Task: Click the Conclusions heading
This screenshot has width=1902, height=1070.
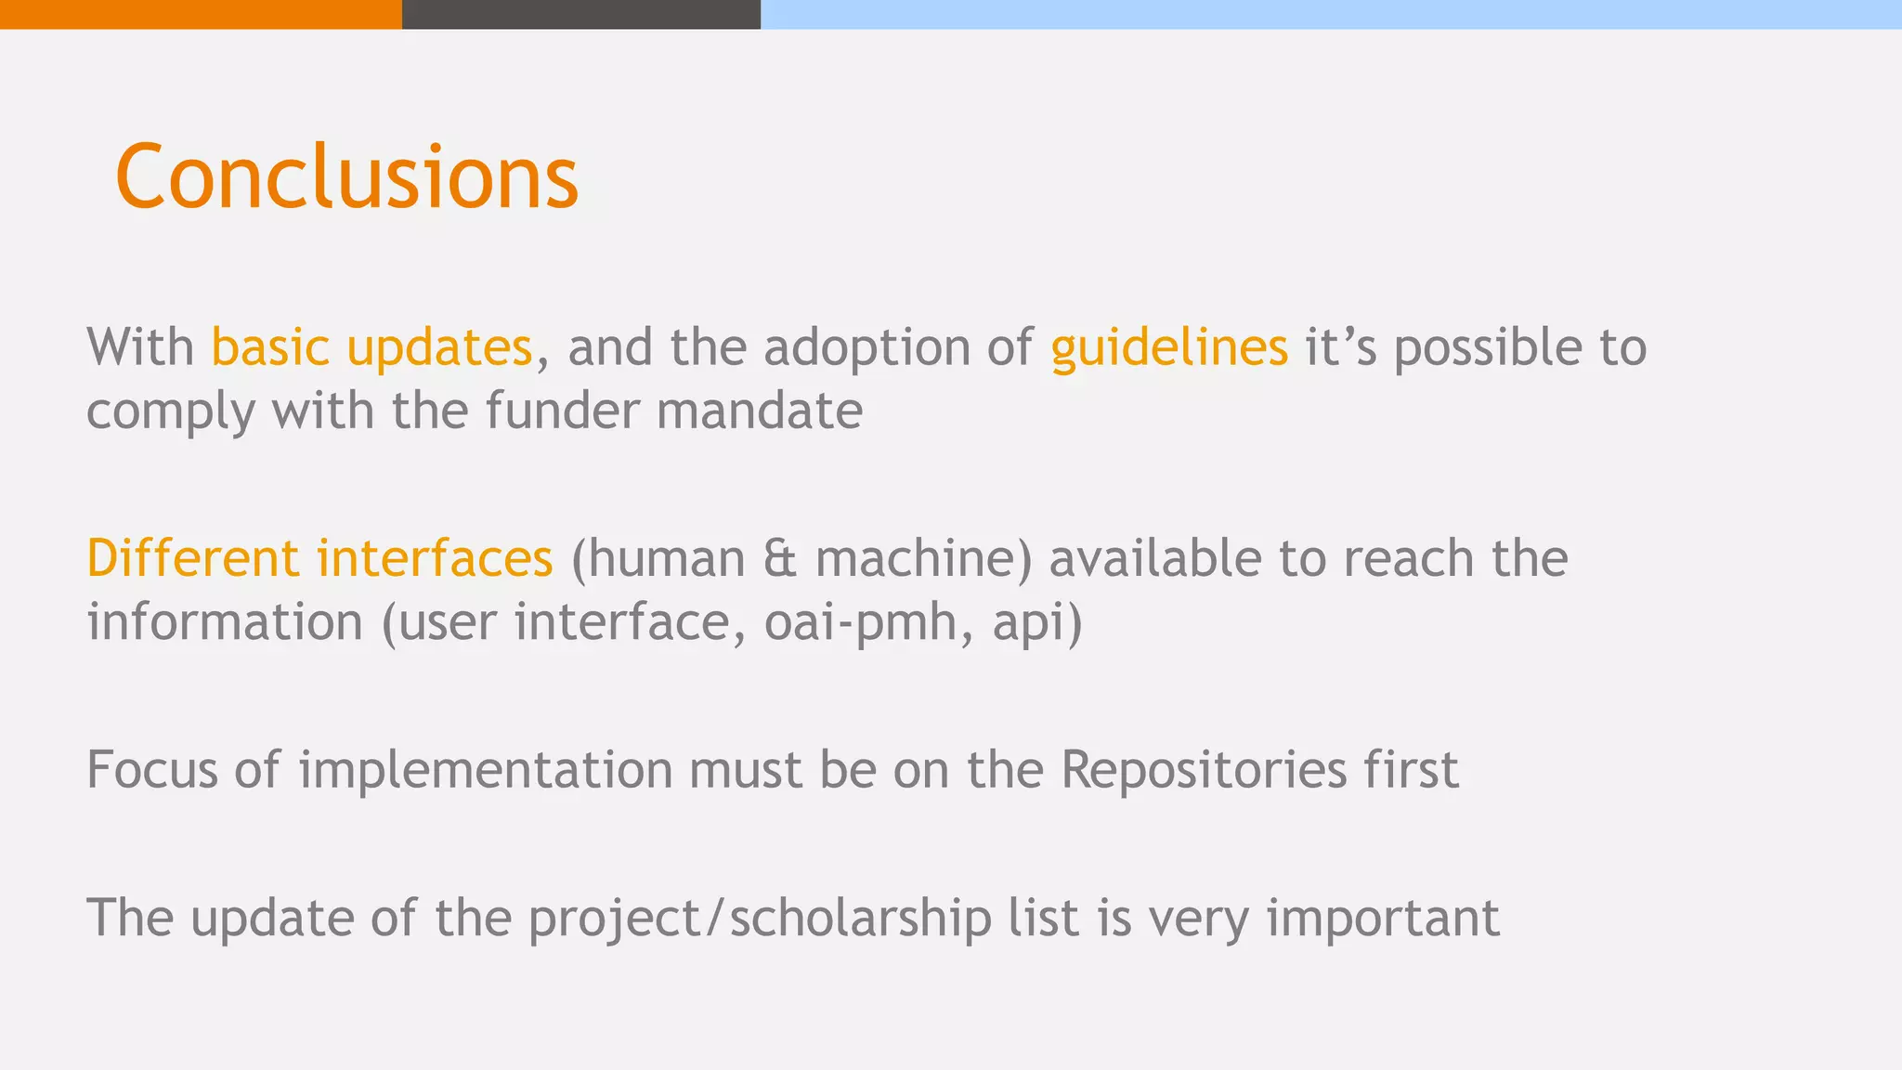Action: coord(346,176)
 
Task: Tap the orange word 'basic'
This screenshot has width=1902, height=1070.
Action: coord(270,347)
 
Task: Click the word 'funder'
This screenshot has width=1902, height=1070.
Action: coord(562,411)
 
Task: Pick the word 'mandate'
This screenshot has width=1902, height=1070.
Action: coord(759,411)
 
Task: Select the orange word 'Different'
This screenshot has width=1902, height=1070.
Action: coord(192,558)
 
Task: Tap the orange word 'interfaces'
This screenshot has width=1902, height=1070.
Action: coord(434,558)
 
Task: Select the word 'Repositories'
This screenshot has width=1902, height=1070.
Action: coord(1204,770)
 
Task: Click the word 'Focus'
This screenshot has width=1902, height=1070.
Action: coord(151,770)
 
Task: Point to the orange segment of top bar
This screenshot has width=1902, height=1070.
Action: coord(201,14)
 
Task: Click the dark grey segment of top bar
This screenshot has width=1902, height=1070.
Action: coord(580,14)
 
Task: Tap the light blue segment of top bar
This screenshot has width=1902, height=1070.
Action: coord(1331,14)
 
